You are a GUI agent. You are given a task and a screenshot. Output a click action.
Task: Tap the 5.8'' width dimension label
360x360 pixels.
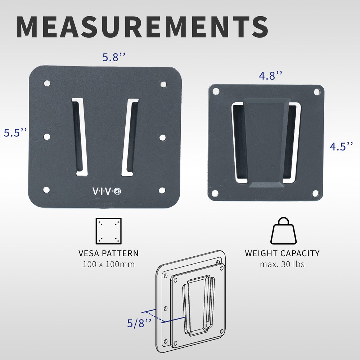[x=114, y=57]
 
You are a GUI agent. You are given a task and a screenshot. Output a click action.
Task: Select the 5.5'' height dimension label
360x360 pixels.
[x=15, y=132]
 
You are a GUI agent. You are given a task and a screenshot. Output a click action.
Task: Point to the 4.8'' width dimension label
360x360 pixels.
[x=270, y=76]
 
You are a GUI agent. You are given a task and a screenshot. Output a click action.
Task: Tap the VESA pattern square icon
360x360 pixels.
[x=108, y=231]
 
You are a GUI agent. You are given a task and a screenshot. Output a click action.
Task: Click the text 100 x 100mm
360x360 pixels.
[x=108, y=265]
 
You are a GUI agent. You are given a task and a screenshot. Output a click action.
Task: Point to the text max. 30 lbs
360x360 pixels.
[x=282, y=265]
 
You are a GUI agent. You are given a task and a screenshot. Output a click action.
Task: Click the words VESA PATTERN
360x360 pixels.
[x=108, y=253]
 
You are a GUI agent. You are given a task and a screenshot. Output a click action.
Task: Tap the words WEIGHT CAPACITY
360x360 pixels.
[x=282, y=253]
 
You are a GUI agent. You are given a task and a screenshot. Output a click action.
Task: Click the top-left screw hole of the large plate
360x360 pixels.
[x=47, y=84]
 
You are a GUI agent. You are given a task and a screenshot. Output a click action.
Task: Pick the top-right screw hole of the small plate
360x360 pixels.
[x=317, y=92]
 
